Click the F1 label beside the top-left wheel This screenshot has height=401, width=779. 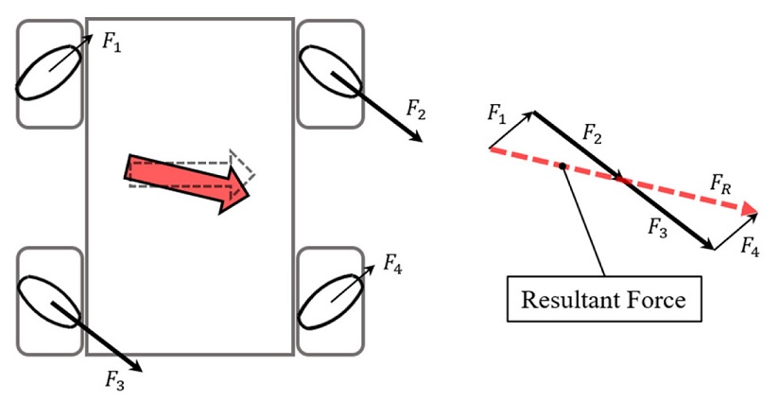tap(111, 43)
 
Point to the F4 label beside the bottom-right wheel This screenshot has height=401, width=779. tap(394, 263)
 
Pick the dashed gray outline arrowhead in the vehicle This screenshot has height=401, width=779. tap(244, 166)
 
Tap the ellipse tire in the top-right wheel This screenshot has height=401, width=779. tap(329, 69)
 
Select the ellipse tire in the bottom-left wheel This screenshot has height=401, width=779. tap(49, 302)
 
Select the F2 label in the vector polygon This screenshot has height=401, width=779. tap(593, 136)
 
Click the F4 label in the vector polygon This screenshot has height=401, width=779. tap(750, 250)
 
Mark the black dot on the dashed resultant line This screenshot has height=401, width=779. tap(563, 166)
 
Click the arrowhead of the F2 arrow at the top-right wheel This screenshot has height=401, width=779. tap(416, 137)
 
